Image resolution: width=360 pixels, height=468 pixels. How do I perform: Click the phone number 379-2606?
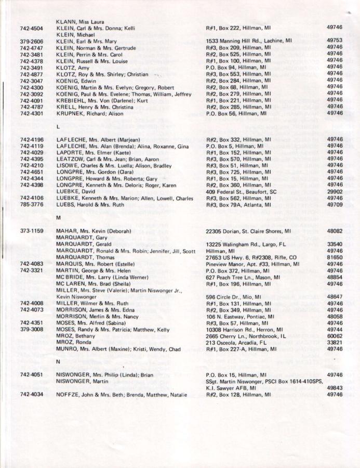click(x=31, y=40)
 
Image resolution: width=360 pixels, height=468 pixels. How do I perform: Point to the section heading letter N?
click(x=58, y=361)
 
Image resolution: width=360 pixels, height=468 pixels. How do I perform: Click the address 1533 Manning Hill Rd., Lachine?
click(x=249, y=40)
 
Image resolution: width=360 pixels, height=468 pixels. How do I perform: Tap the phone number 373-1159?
click(x=31, y=231)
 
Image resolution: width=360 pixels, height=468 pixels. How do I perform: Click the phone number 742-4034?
click(x=31, y=395)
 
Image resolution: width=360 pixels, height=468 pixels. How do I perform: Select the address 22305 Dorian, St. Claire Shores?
click(x=249, y=231)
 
